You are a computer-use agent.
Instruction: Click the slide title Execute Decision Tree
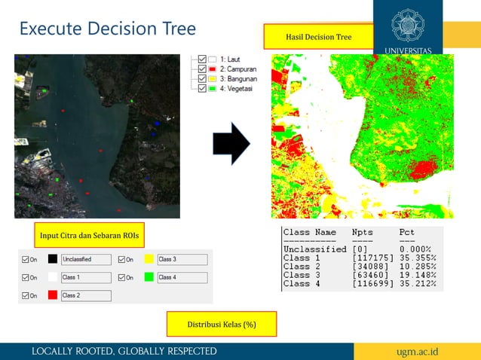[107, 29]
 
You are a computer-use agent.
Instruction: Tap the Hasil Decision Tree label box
[318, 36]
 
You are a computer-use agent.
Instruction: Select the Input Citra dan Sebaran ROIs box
[90, 235]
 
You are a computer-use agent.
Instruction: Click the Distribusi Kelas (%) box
[222, 324]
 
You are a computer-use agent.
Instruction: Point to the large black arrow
[231, 143]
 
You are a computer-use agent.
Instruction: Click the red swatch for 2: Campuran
[213, 69]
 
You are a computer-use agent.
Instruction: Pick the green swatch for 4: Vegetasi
[213, 88]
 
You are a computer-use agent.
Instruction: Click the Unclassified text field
[85, 259]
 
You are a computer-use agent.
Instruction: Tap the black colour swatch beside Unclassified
[52, 259]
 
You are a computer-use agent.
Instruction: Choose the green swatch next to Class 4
[149, 277]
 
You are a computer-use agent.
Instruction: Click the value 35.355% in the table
[419, 258]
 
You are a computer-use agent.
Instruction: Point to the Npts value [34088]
[369, 267]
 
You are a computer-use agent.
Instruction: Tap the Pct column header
[406, 232]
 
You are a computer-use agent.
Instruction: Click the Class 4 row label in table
[296, 284]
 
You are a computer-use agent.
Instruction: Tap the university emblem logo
[409, 25]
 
